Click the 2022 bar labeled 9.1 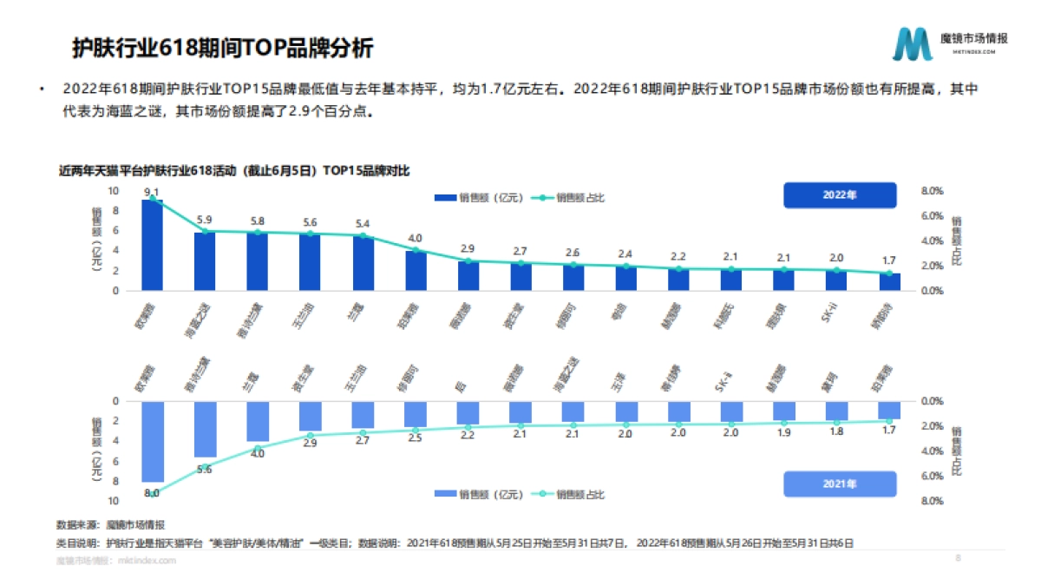(x=152, y=246)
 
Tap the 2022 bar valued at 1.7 (x=889, y=282)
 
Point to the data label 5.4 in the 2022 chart (x=363, y=223)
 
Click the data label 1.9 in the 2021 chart (x=783, y=432)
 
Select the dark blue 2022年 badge (x=839, y=195)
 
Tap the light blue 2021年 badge (x=839, y=484)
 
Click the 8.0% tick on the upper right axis (x=932, y=191)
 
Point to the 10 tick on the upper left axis (x=113, y=191)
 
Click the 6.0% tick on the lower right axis (x=932, y=476)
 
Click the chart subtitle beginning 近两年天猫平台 (x=233, y=171)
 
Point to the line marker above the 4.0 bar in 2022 (x=416, y=250)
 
